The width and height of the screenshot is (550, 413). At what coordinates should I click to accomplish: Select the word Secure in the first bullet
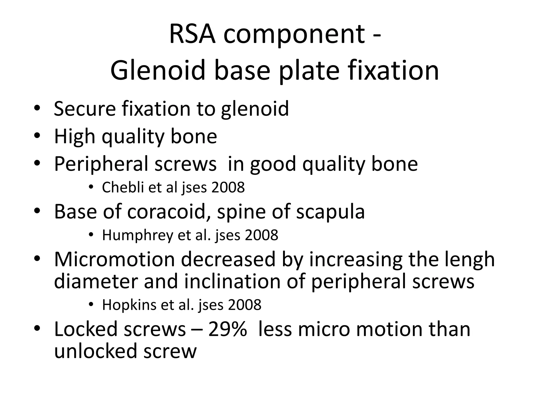85,109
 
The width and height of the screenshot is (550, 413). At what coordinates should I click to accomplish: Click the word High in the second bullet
75,137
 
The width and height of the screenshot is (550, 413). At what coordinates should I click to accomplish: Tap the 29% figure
227,329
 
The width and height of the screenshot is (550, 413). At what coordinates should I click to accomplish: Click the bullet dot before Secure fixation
37,109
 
